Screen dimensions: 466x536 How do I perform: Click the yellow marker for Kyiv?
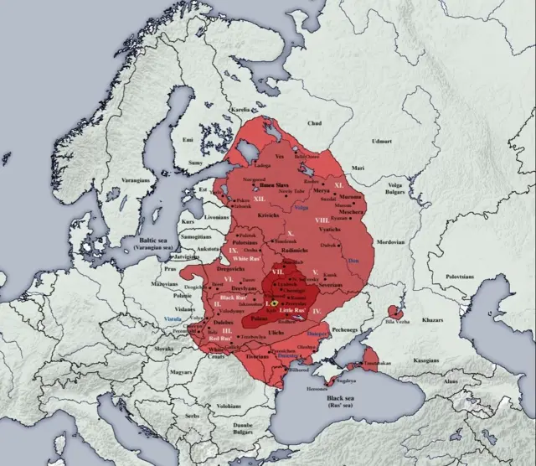tap(275, 301)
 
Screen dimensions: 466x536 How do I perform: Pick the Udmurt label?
tap(406, 130)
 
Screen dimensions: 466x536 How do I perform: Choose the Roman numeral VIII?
tap(321, 220)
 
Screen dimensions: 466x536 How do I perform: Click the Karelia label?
tap(240, 110)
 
